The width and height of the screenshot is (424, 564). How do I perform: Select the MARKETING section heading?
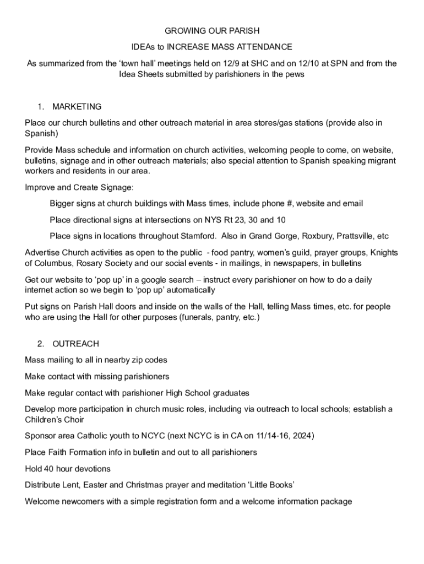click(77, 106)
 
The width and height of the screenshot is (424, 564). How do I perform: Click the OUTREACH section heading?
click(75, 344)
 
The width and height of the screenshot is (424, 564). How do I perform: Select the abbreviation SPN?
click(338, 63)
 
